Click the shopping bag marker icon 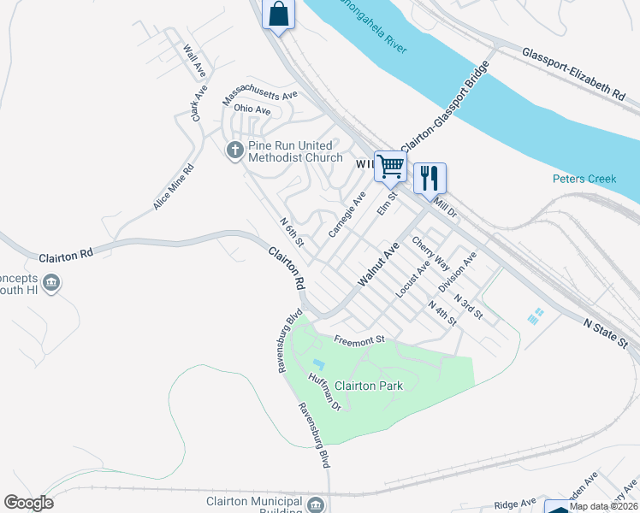tap(278, 15)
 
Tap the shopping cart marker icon tap(390, 166)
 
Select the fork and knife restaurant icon tap(430, 177)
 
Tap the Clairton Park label tap(368, 386)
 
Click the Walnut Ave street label tap(379, 265)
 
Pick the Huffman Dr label tap(325, 393)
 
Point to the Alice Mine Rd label tap(174, 187)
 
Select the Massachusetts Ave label tap(259, 97)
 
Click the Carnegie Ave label tap(347, 215)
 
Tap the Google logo tap(28, 503)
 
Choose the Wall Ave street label tap(195, 58)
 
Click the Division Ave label tap(457, 271)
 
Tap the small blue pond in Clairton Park tap(318, 365)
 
